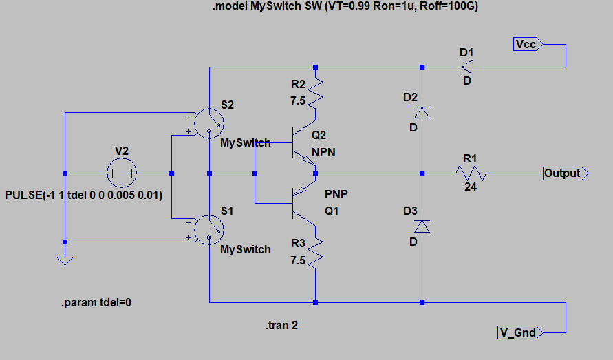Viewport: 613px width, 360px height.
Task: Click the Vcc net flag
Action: tap(528, 44)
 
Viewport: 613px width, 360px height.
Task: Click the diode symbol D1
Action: tap(467, 67)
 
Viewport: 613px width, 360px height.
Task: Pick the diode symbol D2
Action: tap(422, 112)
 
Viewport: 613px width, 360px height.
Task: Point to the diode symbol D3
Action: tap(422, 226)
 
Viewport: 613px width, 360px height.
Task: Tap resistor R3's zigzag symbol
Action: tap(315, 254)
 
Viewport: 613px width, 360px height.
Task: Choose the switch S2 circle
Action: tap(208, 123)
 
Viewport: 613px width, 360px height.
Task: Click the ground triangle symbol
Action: tap(65, 261)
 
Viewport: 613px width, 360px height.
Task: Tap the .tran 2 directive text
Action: tap(281, 325)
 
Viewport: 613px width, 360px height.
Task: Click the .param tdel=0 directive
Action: tap(96, 303)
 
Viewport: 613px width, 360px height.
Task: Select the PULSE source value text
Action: tap(83, 195)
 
